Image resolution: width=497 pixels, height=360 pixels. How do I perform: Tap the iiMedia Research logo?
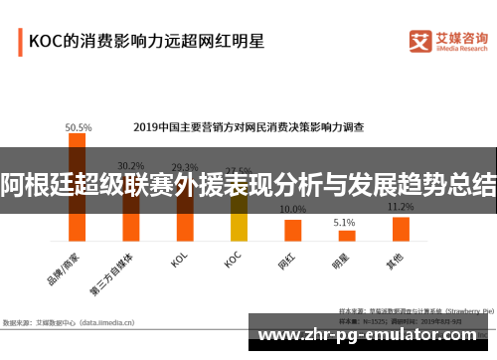[x=449, y=41]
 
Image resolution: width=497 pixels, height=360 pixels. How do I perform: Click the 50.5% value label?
[x=79, y=127]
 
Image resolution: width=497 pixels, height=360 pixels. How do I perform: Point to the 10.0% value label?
[x=292, y=210]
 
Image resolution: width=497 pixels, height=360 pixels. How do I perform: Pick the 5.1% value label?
[x=344, y=223]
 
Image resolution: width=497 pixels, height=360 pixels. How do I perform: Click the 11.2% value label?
[x=401, y=207]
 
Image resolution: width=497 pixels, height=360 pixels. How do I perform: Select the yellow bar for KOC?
[x=239, y=220]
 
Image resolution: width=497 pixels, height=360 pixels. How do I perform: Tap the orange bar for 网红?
[x=292, y=230]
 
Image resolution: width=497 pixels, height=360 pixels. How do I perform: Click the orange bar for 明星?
[x=345, y=236]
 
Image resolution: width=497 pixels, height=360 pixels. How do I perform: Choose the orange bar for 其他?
[x=401, y=229]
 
